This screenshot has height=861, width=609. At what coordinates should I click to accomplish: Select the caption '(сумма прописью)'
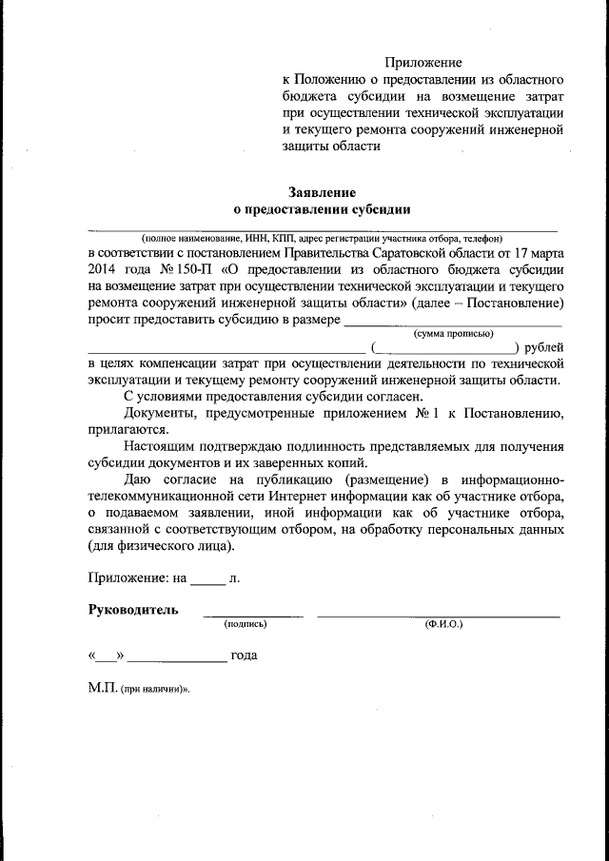(452, 333)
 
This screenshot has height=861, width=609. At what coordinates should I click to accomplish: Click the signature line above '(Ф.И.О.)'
(438, 616)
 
